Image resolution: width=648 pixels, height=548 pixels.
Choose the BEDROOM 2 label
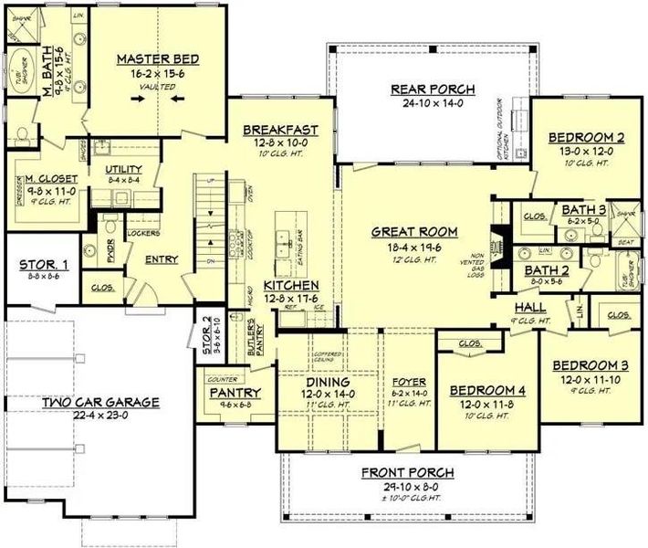[586, 138]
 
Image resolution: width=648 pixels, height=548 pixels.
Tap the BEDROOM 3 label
[590, 364]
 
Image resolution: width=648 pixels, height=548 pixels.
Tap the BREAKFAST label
[279, 131]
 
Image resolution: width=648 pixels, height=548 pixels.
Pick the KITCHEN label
[290, 284]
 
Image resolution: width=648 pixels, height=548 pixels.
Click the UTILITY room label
[123, 170]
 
